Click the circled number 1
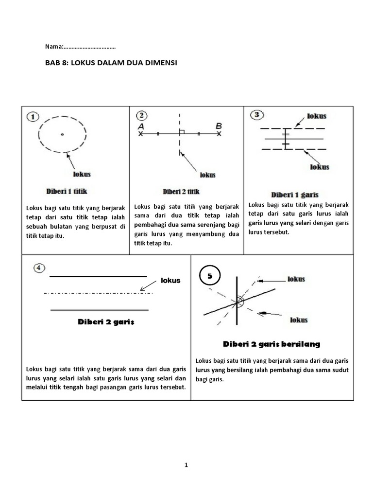coord(33,117)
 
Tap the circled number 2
coord(141,116)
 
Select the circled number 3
coord(257,115)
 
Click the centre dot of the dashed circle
coord(62,134)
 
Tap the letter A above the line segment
coord(141,125)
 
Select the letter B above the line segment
coord(219,125)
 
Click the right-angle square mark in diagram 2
coord(182,131)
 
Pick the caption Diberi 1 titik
coord(67,191)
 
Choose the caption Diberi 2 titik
coord(181,192)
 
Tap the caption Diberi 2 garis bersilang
coord(271,344)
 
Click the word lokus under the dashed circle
coord(81,174)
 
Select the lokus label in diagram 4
coord(170,280)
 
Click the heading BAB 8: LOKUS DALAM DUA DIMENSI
coord(111,63)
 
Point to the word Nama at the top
coord(53,47)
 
